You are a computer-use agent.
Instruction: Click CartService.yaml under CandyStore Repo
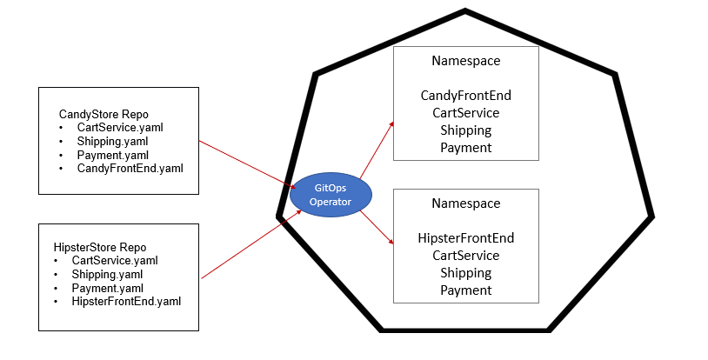coord(120,127)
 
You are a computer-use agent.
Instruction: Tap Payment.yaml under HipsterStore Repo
coord(106,287)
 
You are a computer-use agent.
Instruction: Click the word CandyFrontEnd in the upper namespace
coord(465,95)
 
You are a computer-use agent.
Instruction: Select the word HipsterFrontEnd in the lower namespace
coord(465,237)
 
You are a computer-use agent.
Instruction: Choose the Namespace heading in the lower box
coord(465,203)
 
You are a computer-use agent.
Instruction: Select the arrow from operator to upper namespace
coord(376,150)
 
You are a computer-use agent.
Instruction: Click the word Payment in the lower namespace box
coord(465,290)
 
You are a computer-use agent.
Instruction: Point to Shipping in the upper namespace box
coord(465,130)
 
